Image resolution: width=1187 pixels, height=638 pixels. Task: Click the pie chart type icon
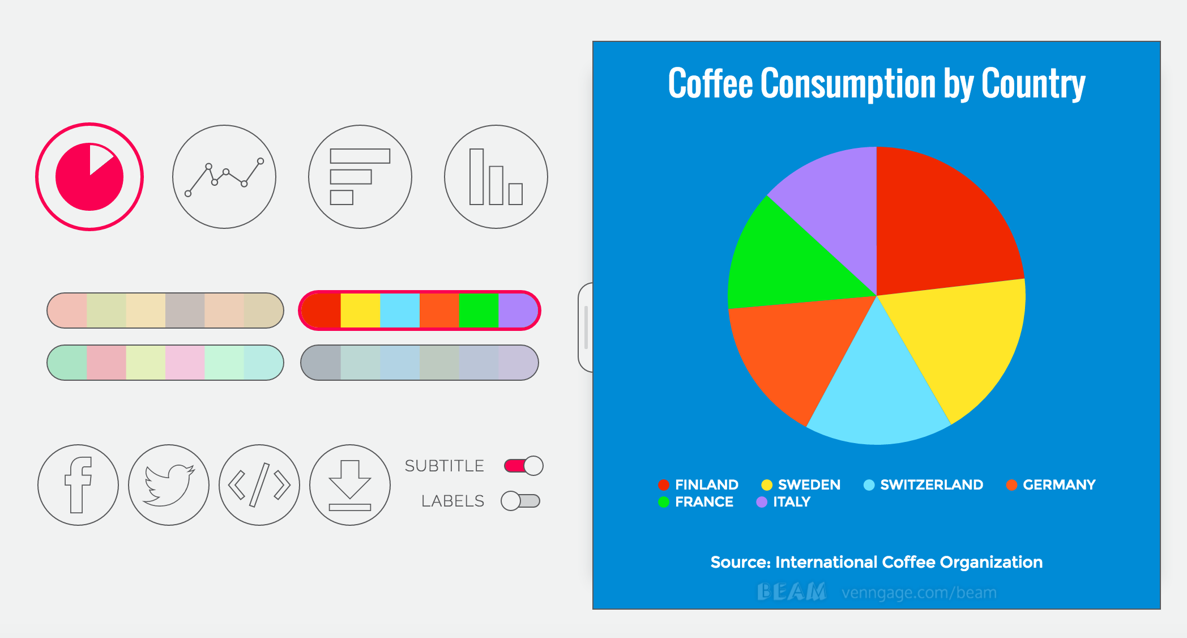[89, 177]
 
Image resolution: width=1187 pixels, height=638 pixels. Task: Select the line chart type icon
[224, 177]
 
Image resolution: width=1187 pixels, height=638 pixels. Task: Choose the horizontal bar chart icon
[360, 177]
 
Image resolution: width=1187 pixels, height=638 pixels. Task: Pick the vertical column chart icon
[496, 177]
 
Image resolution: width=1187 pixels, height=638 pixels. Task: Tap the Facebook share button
[78, 485]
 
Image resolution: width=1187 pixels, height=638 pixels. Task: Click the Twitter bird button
[169, 485]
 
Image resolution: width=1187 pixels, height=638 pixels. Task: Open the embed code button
[259, 485]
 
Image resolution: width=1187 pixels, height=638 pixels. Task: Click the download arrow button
[350, 485]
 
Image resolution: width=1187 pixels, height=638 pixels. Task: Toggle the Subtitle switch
[524, 466]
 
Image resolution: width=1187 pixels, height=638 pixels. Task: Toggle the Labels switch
[520, 501]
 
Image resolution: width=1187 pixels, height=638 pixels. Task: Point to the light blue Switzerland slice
[878, 397]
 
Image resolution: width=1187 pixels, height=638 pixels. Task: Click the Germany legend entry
[1051, 485]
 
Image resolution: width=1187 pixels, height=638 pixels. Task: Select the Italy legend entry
[784, 502]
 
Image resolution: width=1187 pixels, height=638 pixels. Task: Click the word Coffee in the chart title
[711, 84]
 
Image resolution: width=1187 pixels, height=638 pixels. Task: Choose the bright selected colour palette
[420, 311]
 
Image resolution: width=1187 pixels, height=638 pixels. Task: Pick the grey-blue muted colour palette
[420, 363]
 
